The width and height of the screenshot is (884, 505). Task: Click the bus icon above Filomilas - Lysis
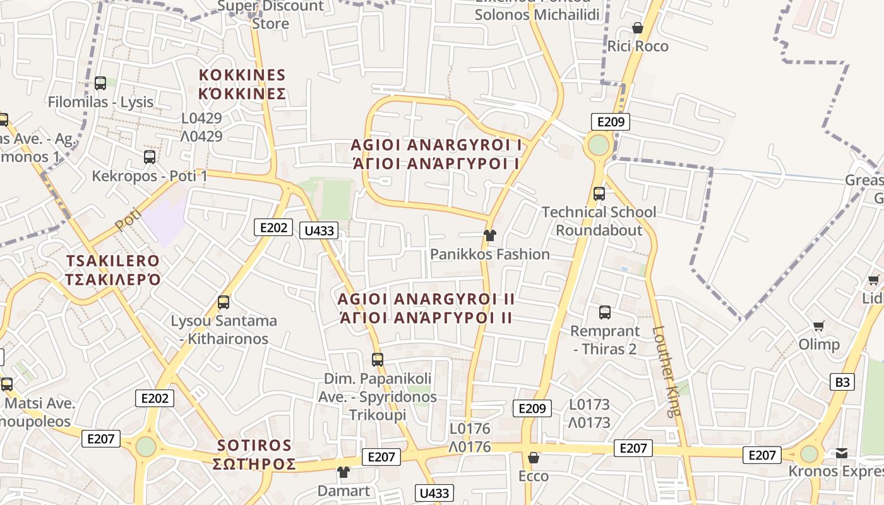(x=100, y=83)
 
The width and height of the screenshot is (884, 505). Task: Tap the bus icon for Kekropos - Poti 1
(x=150, y=157)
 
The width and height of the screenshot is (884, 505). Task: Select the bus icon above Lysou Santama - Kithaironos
(x=224, y=302)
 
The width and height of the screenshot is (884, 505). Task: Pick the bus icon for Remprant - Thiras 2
(x=605, y=312)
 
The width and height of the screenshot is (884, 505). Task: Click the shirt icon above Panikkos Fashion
(x=489, y=235)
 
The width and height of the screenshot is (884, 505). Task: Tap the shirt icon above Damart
(x=343, y=472)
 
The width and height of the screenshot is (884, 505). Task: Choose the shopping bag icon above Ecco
(x=534, y=457)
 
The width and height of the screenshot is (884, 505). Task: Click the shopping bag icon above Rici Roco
(x=638, y=28)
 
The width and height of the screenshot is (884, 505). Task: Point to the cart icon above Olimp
(x=819, y=326)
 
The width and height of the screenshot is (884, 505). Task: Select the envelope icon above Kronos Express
(x=842, y=453)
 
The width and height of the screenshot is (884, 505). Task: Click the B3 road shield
(x=843, y=382)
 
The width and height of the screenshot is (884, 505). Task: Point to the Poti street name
(x=128, y=218)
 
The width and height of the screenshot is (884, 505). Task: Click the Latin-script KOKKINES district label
(x=242, y=75)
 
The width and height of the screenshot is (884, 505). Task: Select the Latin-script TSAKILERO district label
(x=113, y=261)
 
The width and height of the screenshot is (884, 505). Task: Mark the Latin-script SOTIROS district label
(x=254, y=446)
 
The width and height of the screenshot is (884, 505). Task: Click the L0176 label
(x=470, y=429)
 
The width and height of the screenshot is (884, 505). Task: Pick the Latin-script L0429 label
(x=201, y=118)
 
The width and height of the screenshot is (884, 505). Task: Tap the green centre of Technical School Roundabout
(x=598, y=145)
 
